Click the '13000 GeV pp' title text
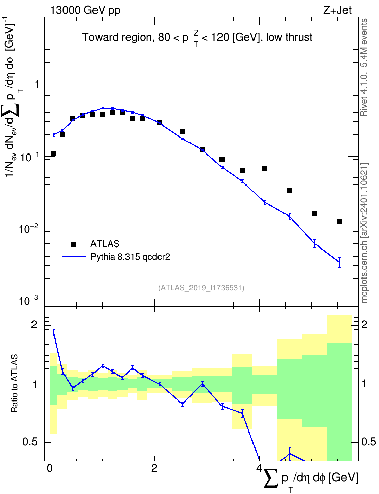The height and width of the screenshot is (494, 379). tap(85, 10)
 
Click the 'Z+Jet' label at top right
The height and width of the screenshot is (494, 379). tap(337, 10)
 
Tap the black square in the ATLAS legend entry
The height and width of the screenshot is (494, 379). tap(74, 244)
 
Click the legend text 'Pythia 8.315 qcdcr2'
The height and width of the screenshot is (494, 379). tap(130, 257)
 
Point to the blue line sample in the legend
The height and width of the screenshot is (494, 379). tap(74, 257)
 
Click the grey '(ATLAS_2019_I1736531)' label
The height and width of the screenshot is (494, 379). tap(201, 287)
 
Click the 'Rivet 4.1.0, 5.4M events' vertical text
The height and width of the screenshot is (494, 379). tap(364, 68)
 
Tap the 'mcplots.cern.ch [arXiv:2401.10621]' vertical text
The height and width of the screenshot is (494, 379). tap(364, 233)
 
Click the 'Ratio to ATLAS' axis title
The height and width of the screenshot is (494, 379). tap(14, 383)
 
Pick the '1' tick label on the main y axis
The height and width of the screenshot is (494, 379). tap(37, 84)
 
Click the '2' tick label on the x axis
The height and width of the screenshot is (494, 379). tap(154, 468)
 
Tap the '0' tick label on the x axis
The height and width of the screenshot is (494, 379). tap(50, 468)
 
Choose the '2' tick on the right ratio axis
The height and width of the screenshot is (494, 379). tap(364, 325)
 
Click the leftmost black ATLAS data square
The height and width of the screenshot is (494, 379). tap(53, 154)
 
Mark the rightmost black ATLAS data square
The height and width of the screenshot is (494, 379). tap(339, 222)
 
